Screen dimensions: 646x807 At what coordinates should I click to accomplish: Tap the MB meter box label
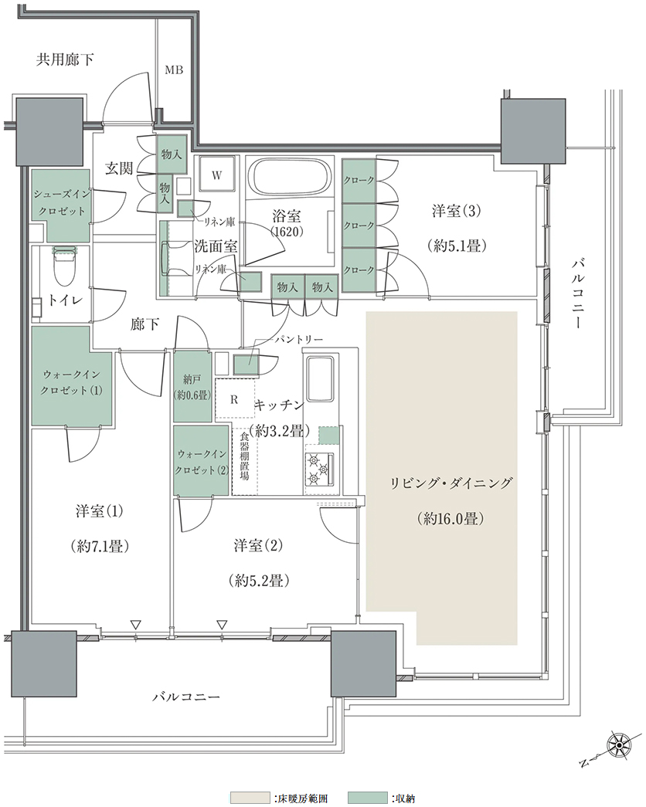(x=174, y=70)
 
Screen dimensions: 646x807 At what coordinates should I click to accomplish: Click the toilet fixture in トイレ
(x=64, y=265)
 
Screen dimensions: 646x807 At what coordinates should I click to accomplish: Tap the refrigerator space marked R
(x=234, y=399)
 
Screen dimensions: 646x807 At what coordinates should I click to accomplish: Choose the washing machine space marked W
(x=216, y=175)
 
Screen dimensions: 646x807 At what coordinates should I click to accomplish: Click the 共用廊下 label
(x=64, y=59)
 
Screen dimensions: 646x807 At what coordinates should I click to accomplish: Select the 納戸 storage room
(x=192, y=387)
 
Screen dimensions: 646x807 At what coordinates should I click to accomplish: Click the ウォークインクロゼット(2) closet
(x=202, y=460)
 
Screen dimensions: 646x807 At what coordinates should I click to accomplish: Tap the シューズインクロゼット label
(x=62, y=203)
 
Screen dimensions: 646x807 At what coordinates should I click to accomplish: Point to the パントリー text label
(x=298, y=340)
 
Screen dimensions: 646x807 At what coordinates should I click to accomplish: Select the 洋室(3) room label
(x=457, y=211)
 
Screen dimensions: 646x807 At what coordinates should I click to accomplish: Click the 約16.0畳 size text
(x=450, y=518)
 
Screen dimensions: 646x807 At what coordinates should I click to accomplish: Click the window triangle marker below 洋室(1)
(x=135, y=625)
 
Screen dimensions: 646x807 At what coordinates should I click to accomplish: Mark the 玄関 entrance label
(x=119, y=168)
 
